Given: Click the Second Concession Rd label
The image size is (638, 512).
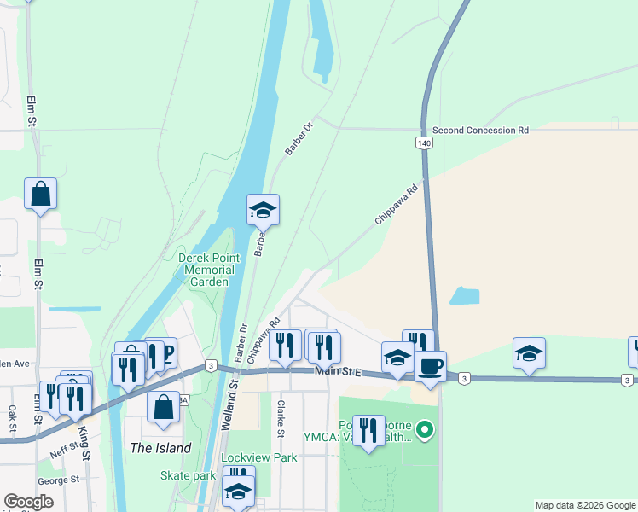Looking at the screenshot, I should pos(480,131).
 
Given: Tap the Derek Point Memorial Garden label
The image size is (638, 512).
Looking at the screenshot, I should pos(204,270).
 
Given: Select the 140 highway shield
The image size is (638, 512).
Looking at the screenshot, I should pos(424,143).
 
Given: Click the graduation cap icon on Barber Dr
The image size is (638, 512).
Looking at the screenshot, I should pos(264,209).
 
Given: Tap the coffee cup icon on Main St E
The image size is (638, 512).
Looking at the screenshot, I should pos(430,366).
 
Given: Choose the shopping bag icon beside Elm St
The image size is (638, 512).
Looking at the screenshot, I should pos(41,194).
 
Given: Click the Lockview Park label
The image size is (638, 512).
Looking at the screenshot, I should pos(259,458).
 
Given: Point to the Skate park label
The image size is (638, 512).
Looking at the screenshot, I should pos(188,475).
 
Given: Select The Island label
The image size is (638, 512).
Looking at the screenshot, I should pos(159,448).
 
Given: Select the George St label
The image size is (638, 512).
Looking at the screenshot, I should pos(59,480).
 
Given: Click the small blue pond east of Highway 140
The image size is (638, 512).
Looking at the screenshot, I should pos(464,296).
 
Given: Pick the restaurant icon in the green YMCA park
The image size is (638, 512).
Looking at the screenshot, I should pos(368,430).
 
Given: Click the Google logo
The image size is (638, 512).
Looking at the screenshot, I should pos(29,502).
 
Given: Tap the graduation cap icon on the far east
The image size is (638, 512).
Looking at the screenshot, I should pos(529,353).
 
